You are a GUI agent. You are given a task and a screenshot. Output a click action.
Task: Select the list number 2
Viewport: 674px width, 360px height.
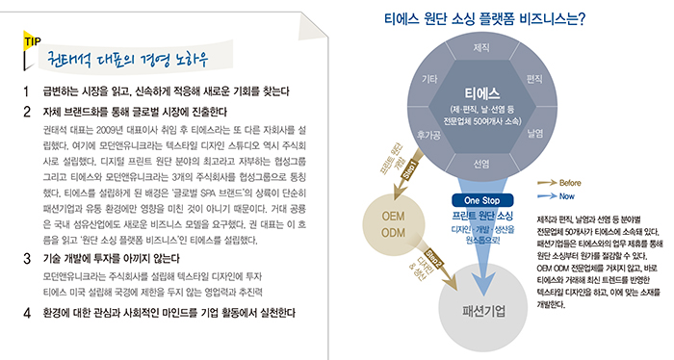pyautogui.click(x=27, y=110)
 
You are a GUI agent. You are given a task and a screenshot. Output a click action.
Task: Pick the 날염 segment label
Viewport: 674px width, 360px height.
pyautogui.click(x=535, y=135)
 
